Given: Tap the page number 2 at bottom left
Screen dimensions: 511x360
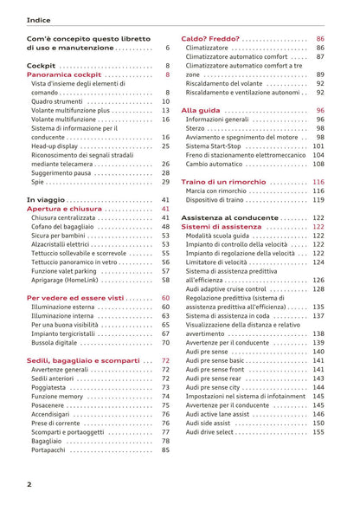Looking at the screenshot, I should tap(29, 484).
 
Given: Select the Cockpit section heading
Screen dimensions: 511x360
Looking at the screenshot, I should tap(41, 66).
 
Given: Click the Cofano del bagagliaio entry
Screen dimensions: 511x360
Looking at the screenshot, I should tap(68, 226).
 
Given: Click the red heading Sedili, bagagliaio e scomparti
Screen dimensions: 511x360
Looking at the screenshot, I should tap(83, 359).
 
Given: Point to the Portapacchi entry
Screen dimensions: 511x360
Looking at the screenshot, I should tap(51, 450).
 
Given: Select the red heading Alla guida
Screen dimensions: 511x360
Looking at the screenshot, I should tap(201, 111).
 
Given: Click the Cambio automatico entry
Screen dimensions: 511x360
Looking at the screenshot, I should tap(219, 164).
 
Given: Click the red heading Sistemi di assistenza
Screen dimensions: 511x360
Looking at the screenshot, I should tap(226, 227).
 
